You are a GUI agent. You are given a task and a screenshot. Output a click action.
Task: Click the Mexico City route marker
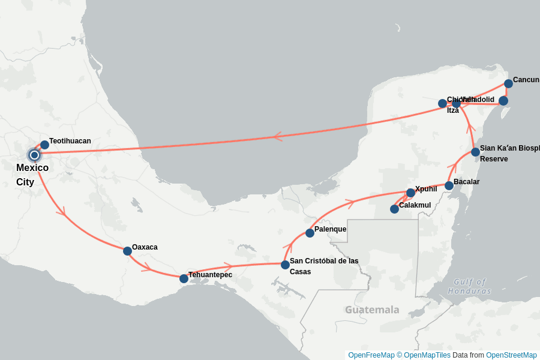pyautogui.click(x=34, y=155)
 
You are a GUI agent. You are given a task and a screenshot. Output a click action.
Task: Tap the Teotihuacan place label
pyautogui.click(x=70, y=141)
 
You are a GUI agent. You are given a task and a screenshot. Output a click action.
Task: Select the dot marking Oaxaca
pyautogui.click(x=127, y=251)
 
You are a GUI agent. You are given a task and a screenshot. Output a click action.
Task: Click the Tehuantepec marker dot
pyautogui.click(x=184, y=278)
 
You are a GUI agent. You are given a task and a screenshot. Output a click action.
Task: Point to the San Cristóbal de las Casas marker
pyautogui.click(x=285, y=265)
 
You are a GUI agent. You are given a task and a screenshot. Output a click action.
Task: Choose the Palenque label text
pyautogui.click(x=330, y=229)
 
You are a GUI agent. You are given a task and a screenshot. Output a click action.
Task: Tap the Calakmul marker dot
pyautogui.click(x=394, y=209)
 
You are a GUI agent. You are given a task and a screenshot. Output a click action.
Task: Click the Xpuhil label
pyautogui.click(x=426, y=189)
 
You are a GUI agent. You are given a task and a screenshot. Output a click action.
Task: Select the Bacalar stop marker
pyautogui.click(x=449, y=185)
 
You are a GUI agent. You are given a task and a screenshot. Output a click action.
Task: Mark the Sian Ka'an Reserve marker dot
pyautogui.click(x=475, y=152)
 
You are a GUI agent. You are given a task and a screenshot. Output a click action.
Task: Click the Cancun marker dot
pyautogui.click(x=508, y=83)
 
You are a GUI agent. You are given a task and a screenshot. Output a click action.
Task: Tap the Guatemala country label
pyautogui.click(x=372, y=310)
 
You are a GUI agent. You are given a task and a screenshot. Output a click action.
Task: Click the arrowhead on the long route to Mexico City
pyautogui.click(x=278, y=137)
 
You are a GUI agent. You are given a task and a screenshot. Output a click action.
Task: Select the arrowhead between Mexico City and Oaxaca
pyautogui.click(x=61, y=211)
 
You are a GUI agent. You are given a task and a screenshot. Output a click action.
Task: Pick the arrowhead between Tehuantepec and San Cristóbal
pyautogui.click(x=227, y=266)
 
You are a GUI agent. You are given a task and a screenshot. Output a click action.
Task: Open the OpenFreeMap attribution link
pyautogui.click(x=371, y=355)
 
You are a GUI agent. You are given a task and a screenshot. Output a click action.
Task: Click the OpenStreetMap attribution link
pyautogui.click(x=511, y=355)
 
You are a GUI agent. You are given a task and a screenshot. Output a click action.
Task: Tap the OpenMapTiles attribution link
pyautogui.click(x=427, y=355)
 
